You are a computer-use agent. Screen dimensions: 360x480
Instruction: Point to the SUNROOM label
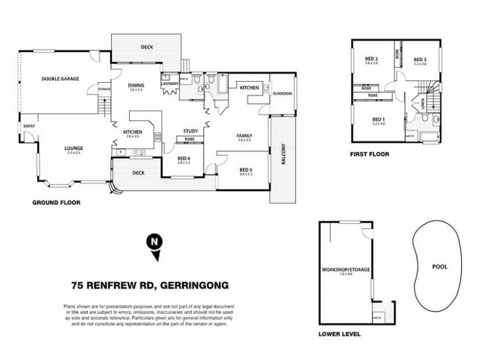coord(282,94)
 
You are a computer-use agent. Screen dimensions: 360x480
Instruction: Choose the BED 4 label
coord(185,157)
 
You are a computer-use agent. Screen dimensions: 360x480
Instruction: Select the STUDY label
coord(191,130)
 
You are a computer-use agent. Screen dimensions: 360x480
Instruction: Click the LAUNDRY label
coord(170,84)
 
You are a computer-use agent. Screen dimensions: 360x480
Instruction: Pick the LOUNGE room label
coord(74,148)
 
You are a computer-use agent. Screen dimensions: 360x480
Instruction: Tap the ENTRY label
coord(28,126)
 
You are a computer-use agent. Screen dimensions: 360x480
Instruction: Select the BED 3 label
coord(420,59)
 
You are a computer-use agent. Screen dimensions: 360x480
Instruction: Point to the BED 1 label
coord(378,119)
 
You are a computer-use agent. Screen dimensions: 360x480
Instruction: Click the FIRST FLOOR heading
coord(370,154)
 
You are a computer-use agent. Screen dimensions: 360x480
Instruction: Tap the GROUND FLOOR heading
coord(56,203)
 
